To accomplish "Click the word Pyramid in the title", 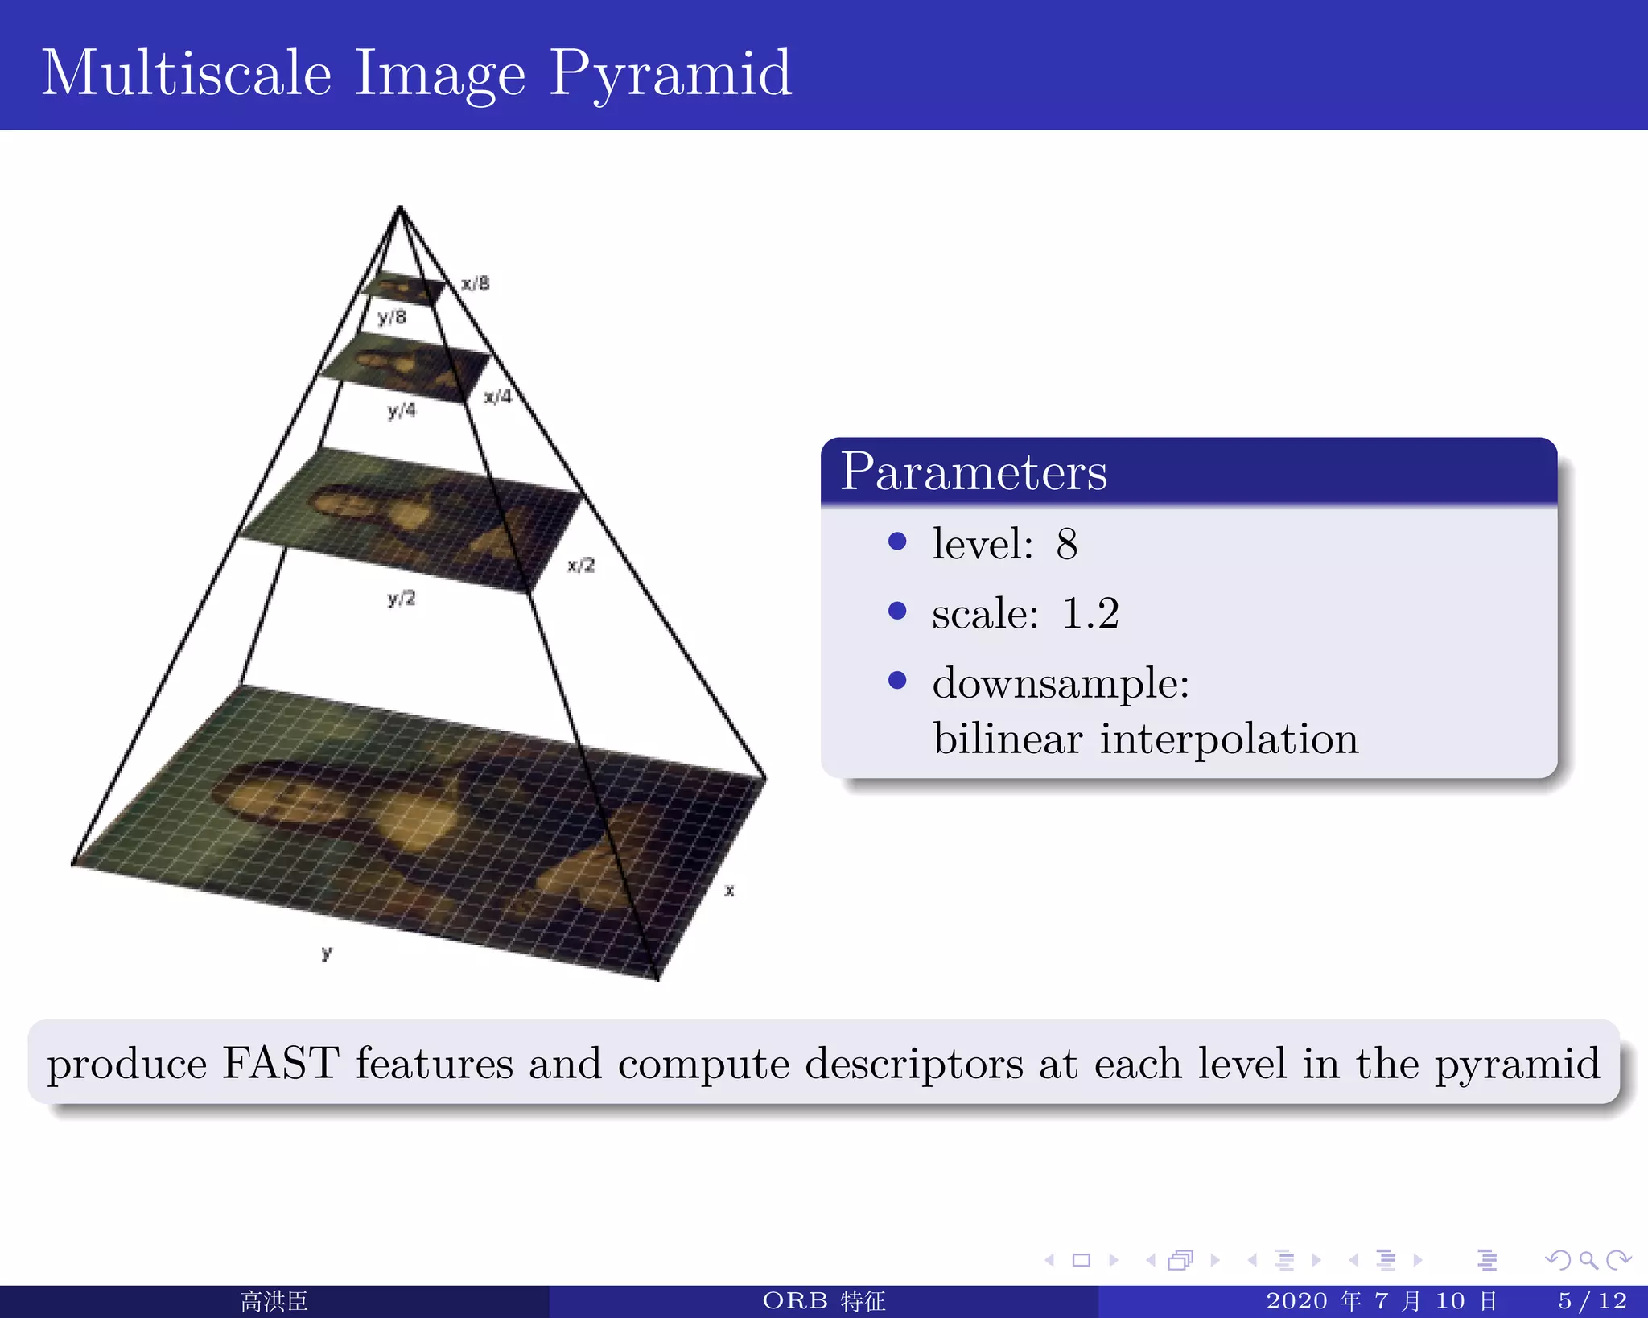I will (669, 74).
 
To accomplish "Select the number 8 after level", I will (1067, 545).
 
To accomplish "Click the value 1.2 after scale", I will (1090, 614).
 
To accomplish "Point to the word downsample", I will (1061, 684).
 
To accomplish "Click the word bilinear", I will (1007, 739).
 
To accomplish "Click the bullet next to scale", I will (897, 612).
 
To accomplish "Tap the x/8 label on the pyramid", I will (476, 283).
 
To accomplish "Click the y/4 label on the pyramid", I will (402, 410).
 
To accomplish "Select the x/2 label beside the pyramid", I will (580, 565).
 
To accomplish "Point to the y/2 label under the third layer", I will (401, 598).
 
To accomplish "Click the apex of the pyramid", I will (400, 208).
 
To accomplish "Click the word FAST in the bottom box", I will (280, 1064).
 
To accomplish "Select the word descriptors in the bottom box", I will (914, 1064).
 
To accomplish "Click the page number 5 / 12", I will (1592, 1301).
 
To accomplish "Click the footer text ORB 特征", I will (823, 1301).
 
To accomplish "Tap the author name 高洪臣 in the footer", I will (274, 1301).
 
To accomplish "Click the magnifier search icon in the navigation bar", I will (1588, 1260).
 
